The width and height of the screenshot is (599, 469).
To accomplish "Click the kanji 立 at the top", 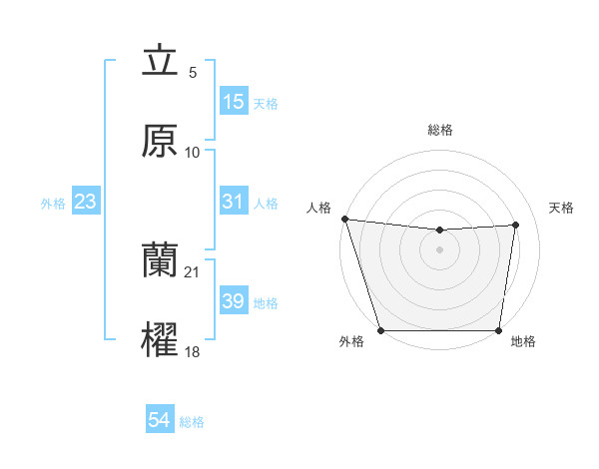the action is pos(160,62).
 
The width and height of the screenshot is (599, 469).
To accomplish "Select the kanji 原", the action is pos(160,141).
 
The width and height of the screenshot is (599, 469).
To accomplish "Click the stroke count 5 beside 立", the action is pos(192,73).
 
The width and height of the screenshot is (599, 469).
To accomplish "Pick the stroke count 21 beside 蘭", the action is pos(193,272).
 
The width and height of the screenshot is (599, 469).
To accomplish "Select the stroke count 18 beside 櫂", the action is pos(193,352).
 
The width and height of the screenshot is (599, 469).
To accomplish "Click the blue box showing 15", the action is pos(234,102).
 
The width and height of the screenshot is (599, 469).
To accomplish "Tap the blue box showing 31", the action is pos(234,202).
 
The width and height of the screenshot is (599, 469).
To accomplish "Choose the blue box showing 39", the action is pos(234,301).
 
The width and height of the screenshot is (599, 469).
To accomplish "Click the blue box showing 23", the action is pos(86,202).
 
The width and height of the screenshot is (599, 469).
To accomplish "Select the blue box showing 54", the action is pos(160,421).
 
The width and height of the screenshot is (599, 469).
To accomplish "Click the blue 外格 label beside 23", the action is pos(53,203).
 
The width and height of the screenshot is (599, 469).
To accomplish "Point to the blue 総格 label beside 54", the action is pos(192,422).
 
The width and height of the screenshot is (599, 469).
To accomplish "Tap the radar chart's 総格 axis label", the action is pos(440,130).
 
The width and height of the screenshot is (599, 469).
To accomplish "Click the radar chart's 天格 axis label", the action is pos(562,208).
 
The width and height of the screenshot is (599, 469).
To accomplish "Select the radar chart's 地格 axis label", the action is pos(523,342).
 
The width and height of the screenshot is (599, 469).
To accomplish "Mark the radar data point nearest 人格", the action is pos(344,219).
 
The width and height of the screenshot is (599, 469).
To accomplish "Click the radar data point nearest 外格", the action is pos(380,330).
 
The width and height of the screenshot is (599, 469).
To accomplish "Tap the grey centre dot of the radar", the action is pos(440,249).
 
